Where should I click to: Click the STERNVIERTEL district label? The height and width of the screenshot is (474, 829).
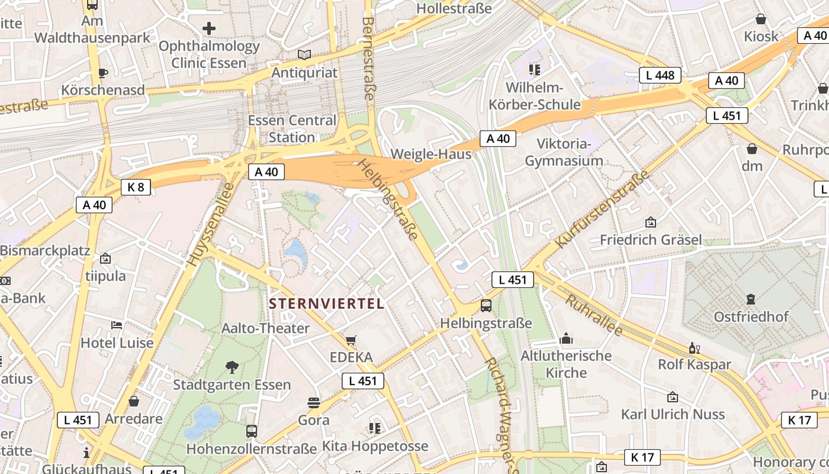(x=327, y=304)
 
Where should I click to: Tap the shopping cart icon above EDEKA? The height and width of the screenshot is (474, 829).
(x=351, y=340)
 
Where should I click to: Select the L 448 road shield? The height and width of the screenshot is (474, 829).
(x=660, y=75)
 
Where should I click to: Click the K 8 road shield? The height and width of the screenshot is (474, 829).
(x=136, y=187)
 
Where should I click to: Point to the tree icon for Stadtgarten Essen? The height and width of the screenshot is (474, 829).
(x=232, y=367)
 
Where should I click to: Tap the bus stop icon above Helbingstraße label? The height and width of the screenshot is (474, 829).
(x=486, y=306)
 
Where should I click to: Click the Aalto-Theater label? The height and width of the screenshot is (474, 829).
(x=265, y=328)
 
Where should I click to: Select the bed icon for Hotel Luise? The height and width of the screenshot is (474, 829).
(x=117, y=325)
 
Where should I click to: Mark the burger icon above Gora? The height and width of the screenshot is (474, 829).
(x=314, y=403)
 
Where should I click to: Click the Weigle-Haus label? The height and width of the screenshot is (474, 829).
(x=431, y=155)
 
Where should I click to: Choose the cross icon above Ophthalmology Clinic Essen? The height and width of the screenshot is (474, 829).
(x=209, y=28)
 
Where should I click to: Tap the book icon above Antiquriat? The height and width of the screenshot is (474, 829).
(x=304, y=55)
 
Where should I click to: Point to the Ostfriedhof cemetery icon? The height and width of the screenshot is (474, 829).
(x=751, y=299)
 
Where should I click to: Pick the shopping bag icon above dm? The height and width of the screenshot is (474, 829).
(x=752, y=149)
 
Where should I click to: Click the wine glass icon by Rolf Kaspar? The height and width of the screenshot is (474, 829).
(x=694, y=348)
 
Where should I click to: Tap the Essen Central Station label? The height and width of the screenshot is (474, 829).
(x=292, y=129)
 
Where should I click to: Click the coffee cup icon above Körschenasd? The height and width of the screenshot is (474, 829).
(x=103, y=73)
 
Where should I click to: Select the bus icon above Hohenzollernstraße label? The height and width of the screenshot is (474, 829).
(x=252, y=431)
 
